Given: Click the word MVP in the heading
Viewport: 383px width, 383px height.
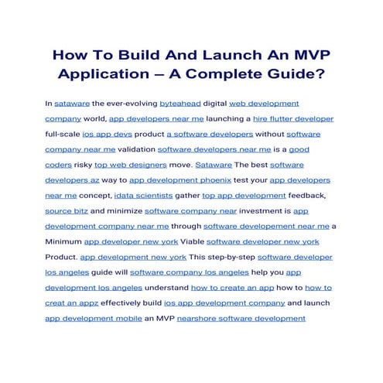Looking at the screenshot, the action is coord(302,56).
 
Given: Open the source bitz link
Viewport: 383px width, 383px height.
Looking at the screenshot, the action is coord(67,210).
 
